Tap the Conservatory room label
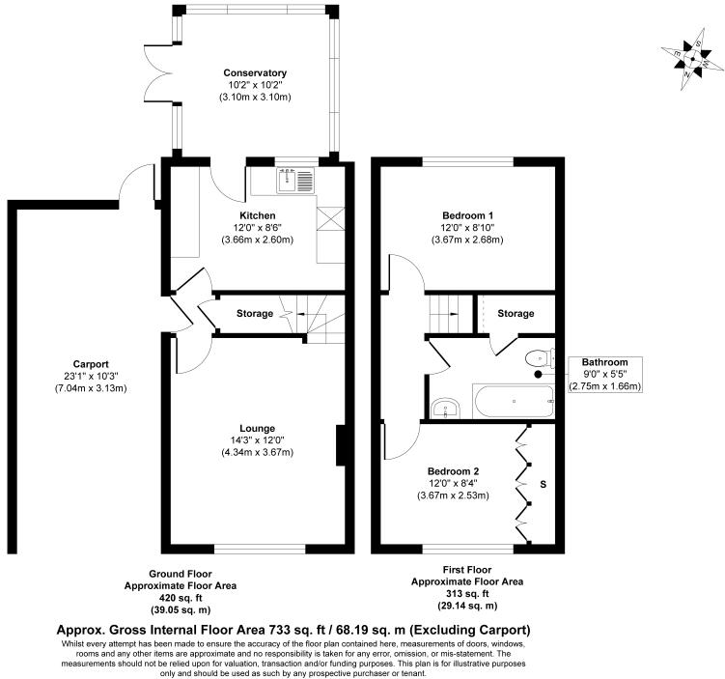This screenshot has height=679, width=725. pos(255,73)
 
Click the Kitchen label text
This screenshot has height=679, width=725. pos(258,215)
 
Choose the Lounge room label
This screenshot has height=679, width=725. pos(258,428)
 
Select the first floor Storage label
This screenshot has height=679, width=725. pos(516,314)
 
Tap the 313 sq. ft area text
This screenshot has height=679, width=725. pos(467,594)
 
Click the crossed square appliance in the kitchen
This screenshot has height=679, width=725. pos(329,220)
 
